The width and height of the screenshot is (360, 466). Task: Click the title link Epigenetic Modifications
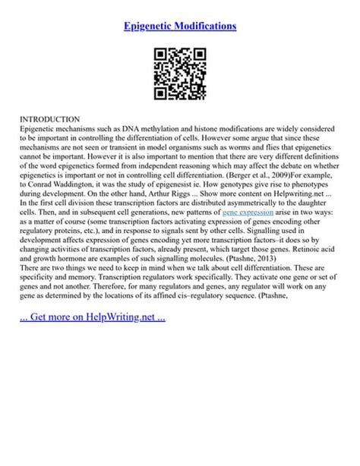click(x=180, y=26)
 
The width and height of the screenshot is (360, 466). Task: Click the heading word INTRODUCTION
click(x=49, y=120)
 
